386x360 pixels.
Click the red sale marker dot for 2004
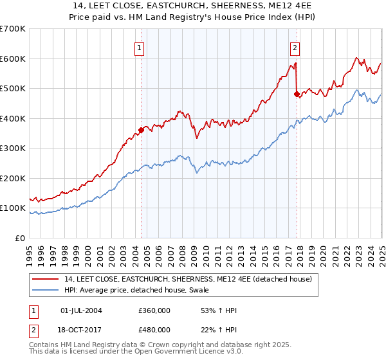pos(141,130)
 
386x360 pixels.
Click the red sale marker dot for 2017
pos(297,94)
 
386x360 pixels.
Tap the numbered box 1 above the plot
pos(140,47)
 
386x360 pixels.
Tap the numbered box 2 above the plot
pos(295,47)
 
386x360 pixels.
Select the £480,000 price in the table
pos(154,329)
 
